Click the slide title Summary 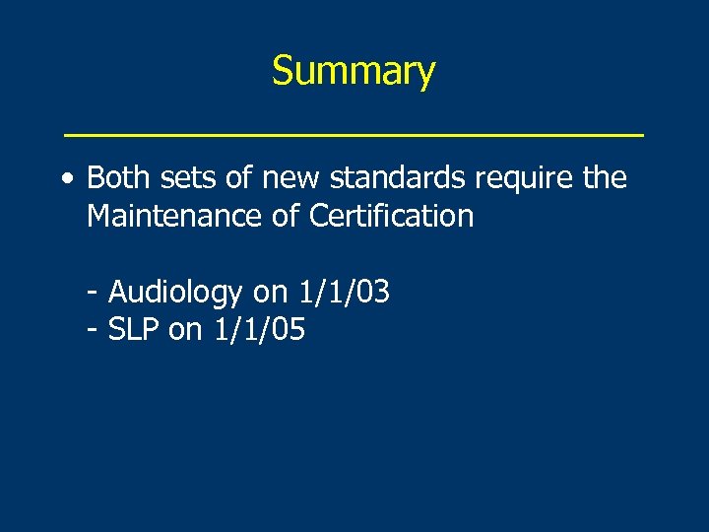[354, 72]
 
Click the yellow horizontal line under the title [354, 132]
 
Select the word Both [116, 178]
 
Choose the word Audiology [175, 293]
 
